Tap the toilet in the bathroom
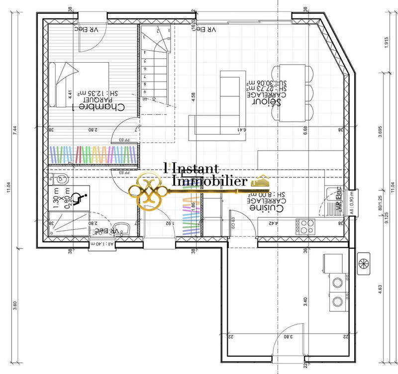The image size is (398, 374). click(60, 178)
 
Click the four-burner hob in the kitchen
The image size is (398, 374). click(304, 227)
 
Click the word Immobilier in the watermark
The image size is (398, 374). click(209, 182)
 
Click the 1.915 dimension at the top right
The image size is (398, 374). click(387, 42)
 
